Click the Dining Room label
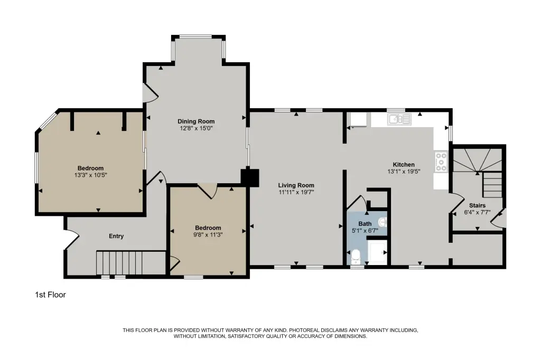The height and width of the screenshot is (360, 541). point(196,121)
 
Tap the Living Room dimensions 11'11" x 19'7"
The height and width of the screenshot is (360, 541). point(296,192)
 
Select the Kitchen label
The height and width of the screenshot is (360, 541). point(404,165)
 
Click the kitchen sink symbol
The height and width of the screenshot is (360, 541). point(399,119)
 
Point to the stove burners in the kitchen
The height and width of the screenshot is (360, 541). point(441,162)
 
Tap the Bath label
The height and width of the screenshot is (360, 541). point(365,224)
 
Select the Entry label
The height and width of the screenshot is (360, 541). point(116,236)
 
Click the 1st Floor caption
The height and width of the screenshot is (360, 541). point(50,295)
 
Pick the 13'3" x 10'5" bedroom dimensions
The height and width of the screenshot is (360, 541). point(91,175)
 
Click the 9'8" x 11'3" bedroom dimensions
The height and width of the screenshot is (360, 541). point(208,234)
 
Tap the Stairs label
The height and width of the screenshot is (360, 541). point(477,205)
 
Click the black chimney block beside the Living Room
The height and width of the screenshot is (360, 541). point(249,177)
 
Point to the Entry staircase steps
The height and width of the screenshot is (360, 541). point(119,263)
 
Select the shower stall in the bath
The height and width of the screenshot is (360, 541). point(377,252)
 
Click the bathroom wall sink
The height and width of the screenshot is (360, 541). point(383,222)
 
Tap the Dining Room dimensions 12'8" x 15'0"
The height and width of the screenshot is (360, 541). point(196,128)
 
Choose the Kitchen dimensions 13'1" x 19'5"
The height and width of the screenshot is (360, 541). point(404,172)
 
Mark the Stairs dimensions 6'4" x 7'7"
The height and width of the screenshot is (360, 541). point(477,212)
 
